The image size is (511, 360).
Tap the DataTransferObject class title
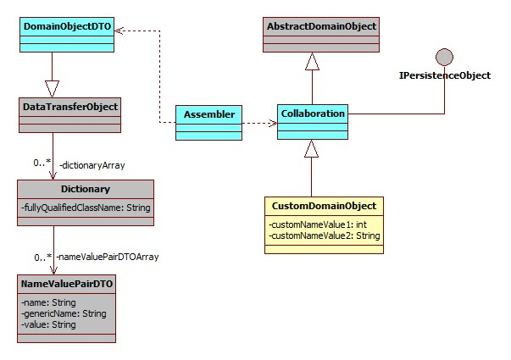69,106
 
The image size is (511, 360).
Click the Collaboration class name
313,113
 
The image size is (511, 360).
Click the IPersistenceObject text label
445,75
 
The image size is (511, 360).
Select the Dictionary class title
85,189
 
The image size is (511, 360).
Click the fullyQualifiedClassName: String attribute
85,206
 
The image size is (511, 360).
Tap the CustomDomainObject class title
323,206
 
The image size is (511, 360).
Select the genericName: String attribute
64,313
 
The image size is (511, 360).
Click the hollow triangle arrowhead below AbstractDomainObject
311,61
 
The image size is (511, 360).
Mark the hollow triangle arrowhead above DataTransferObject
53,87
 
